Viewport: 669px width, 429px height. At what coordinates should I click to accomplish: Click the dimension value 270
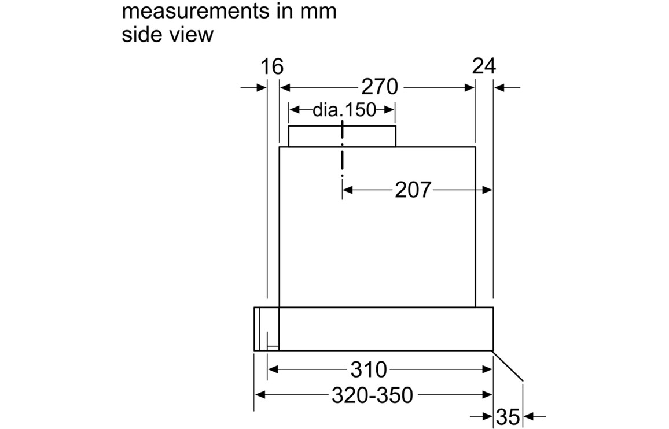pos(379,87)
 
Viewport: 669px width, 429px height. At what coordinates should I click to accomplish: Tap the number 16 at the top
pos(272,66)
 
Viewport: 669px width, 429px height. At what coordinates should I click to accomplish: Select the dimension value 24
pos(484,66)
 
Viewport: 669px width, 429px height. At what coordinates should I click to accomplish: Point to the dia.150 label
pos(344,110)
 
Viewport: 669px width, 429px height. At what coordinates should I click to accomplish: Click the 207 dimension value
pos(413,190)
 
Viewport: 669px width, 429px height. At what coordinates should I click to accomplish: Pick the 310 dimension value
pos(369,369)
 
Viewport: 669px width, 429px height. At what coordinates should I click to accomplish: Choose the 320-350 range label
pos(373,395)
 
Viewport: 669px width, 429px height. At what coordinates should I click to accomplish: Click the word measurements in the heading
pos(194,12)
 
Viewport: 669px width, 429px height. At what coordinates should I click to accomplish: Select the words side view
pos(167,34)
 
